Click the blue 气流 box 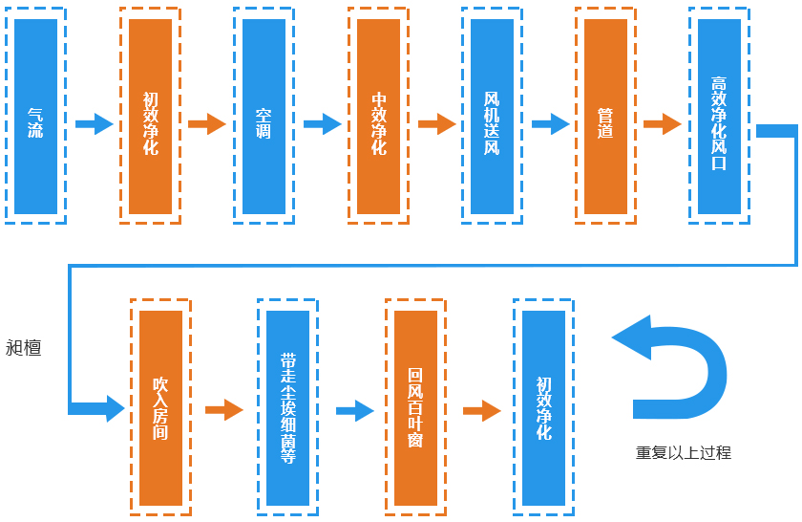point(35,116)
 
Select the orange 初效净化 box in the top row point(150,116)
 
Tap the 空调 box point(264,116)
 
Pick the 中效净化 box point(378,116)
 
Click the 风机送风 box point(492,116)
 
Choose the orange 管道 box point(605,116)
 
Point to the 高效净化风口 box point(719,116)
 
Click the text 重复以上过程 point(684,452)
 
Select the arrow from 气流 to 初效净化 point(94,123)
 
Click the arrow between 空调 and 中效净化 point(322,123)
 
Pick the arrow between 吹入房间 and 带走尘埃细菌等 point(224,410)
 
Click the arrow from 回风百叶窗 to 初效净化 point(481,410)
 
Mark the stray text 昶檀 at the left point(24,347)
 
